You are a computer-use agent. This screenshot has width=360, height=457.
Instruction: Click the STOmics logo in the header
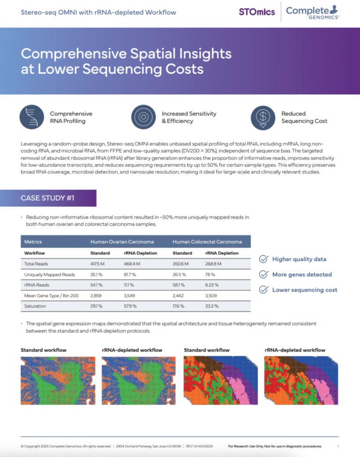click(x=257, y=12)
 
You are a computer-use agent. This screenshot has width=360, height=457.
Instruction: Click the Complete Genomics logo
click(x=313, y=11)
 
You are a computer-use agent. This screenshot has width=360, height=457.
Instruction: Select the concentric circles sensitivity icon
click(x=144, y=117)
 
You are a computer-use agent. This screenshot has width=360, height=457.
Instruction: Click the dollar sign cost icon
click(x=263, y=117)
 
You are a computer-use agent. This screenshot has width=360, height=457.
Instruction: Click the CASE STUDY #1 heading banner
click(x=58, y=198)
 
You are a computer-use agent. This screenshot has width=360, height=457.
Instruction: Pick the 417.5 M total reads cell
click(x=97, y=264)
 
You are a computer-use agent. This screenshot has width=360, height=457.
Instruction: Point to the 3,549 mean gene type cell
click(x=131, y=296)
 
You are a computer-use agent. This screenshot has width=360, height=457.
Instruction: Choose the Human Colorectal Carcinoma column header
click(x=207, y=242)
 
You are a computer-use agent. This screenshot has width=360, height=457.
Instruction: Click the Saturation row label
click(x=35, y=306)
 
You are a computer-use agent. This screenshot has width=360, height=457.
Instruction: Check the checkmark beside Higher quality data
click(x=264, y=259)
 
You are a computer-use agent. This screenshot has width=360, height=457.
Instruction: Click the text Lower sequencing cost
click(x=305, y=290)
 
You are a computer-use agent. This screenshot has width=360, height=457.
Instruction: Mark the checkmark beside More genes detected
click(x=264, y=274)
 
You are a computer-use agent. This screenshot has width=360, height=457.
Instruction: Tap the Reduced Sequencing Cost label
click(x=304, y=117)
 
